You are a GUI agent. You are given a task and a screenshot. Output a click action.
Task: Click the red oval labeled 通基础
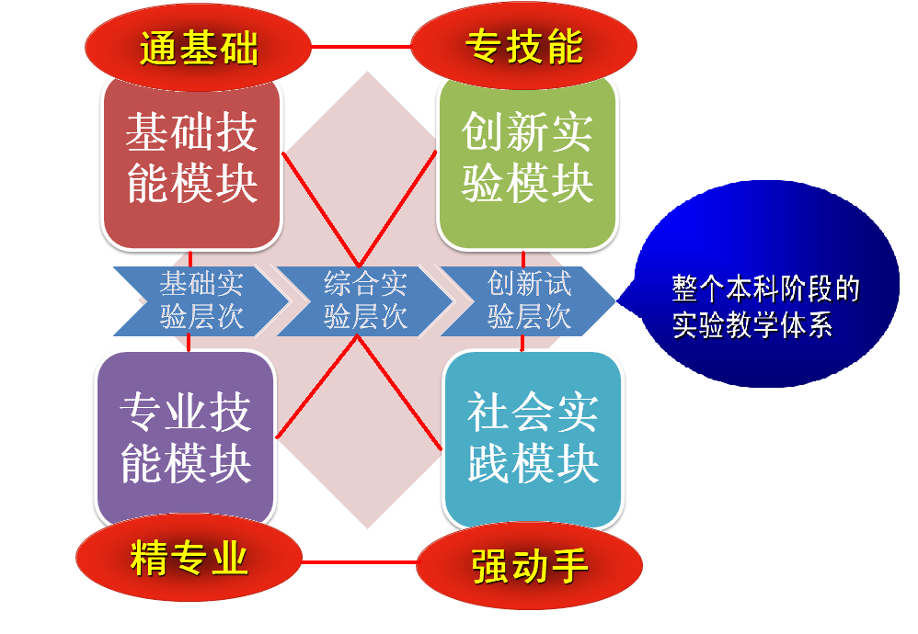point(198,47)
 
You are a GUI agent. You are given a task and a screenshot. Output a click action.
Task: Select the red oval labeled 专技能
point(524,46)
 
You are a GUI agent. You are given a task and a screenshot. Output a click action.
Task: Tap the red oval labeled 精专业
point(189,558)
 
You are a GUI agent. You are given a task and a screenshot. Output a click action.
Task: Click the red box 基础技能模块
point(191,162)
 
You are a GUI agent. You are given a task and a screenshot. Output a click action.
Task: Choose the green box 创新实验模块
point(527,162)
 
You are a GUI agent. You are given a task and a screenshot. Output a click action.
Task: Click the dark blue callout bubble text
point(765,307)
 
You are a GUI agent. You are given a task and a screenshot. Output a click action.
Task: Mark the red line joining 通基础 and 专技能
point(361,46)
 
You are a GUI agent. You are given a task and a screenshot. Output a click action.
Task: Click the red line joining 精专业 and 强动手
point(360,562)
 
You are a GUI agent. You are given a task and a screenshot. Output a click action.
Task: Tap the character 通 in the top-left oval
point(159,48)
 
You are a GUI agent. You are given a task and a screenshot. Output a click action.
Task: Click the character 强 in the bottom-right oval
point(490,566)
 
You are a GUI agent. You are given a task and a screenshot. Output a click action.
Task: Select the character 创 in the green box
point(483,132)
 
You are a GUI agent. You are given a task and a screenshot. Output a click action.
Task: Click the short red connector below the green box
point(522,259)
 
